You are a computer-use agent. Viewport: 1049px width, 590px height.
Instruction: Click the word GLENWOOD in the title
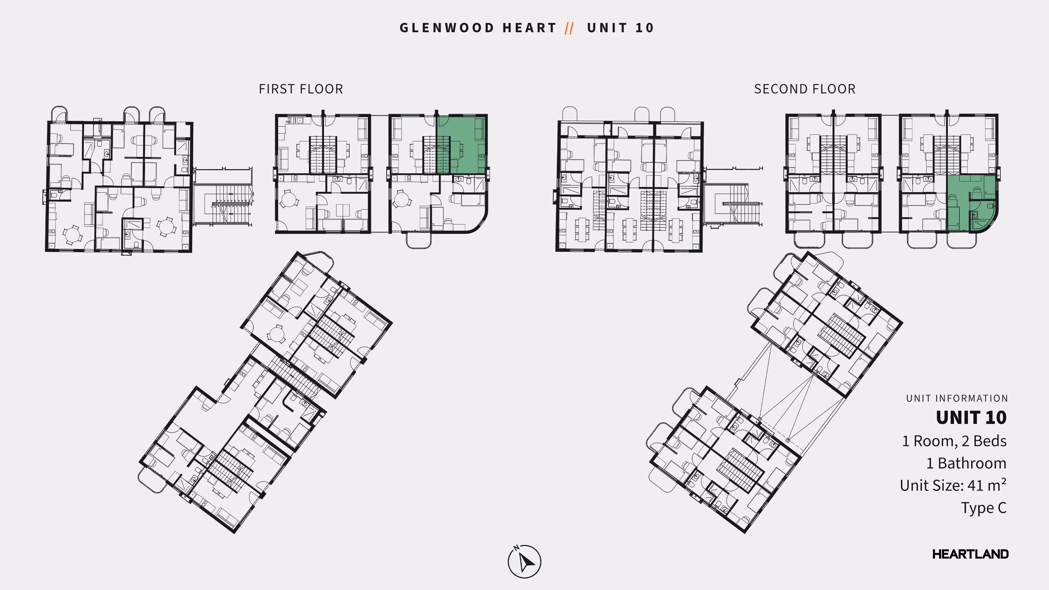447,28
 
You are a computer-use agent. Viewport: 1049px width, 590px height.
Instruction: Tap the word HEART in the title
529,28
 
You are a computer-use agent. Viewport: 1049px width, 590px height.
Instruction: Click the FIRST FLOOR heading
301,89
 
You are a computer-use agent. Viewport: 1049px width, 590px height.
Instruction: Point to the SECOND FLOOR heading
805,89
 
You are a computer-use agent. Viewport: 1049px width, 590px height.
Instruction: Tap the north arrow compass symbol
525,562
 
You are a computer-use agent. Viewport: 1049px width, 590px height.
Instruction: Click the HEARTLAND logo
970,554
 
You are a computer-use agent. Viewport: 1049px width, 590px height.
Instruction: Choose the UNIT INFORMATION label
957,398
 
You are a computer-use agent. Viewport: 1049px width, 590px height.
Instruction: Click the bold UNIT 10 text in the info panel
971,418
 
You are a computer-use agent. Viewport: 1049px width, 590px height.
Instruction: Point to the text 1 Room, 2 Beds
954,441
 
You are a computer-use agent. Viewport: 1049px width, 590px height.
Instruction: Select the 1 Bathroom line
966,463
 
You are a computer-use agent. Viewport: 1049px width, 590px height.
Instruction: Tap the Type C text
983,508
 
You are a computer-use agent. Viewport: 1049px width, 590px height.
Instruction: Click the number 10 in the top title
645,28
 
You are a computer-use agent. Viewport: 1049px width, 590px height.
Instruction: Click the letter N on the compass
516,548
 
